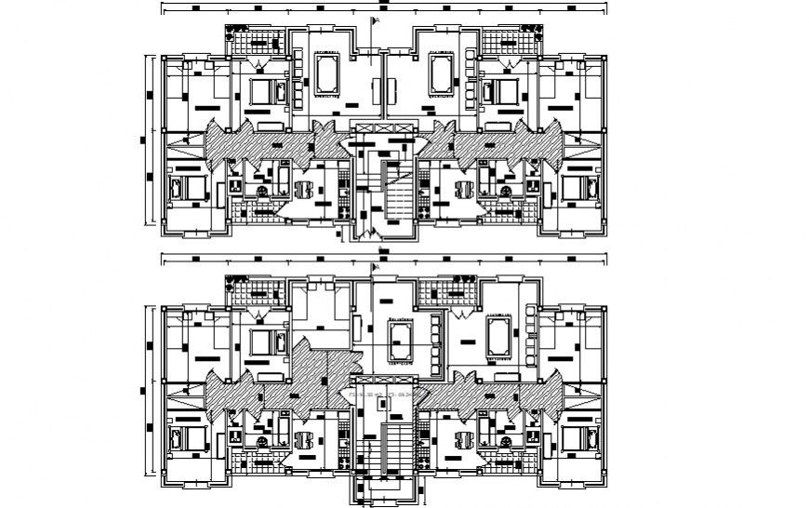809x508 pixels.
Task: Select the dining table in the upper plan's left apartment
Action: (x=303, y=190)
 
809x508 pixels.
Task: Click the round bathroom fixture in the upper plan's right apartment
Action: (x=506, y=192)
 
